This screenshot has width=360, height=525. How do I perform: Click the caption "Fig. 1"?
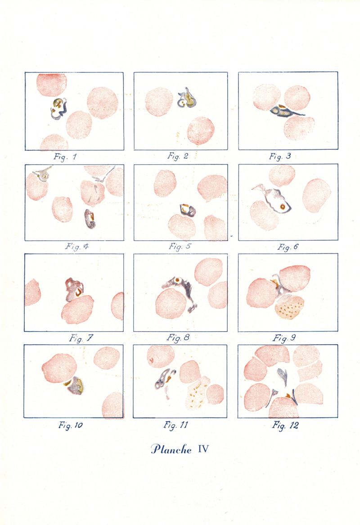(x=65, y=157)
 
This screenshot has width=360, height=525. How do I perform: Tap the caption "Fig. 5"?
(x=180, y=247)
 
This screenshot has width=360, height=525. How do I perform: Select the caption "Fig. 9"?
(x=283, y=338)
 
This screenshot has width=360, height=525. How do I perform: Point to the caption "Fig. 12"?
(x=285, y=426)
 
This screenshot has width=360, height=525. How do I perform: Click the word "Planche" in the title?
(x=171, y=449)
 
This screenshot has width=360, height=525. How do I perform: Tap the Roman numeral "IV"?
(x=203, y=449)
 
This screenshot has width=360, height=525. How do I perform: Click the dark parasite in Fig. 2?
(x=187, y=98)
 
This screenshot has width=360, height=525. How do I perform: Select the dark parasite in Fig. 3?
(x=286, y=112)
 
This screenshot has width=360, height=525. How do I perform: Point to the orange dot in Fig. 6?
(x=283, y=206)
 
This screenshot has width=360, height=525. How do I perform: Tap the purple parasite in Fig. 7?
(x=74, y=289)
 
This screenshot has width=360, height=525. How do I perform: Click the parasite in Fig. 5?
(x=187, y=210)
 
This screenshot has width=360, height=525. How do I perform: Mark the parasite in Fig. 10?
(x=75, y=385)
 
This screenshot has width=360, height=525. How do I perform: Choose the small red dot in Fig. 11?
(x=151, y=361)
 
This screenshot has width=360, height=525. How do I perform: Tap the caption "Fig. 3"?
(x=280, y=157)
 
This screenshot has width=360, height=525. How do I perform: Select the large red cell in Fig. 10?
(x=59, y=368)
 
